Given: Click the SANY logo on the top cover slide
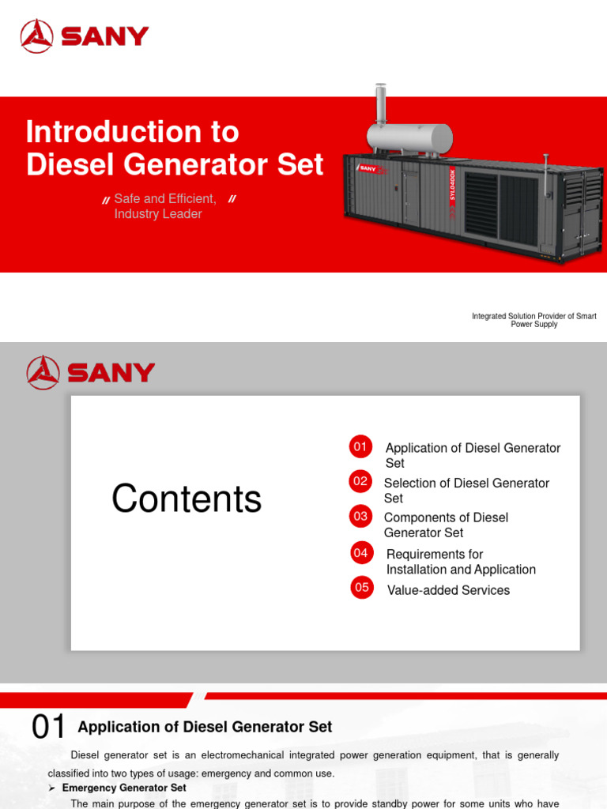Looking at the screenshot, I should pos(85,36).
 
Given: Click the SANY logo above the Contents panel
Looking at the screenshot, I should pos(90,372).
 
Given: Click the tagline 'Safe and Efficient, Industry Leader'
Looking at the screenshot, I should pos(164,206).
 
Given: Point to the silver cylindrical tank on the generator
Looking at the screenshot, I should pos(410,139).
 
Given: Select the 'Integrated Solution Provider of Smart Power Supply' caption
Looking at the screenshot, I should pos(534,320).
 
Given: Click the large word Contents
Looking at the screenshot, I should pos(187,499).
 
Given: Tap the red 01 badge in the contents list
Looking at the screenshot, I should pos(360,446).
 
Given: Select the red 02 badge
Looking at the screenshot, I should pos(360,480).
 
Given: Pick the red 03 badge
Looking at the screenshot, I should pos(360,516).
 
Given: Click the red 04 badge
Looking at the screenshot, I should pos(361,553).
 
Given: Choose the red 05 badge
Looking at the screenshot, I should pos(362,587).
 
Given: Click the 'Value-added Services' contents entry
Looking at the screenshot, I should pos(448,590).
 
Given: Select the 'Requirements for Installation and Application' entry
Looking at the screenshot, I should pos(461,562).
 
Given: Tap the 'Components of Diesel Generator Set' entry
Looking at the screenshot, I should pos(446,525).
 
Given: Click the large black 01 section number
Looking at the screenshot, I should pos(49,728).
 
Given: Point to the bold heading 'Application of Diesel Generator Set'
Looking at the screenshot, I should pos(205,727).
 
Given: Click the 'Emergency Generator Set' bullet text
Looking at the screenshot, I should pos(124,788).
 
